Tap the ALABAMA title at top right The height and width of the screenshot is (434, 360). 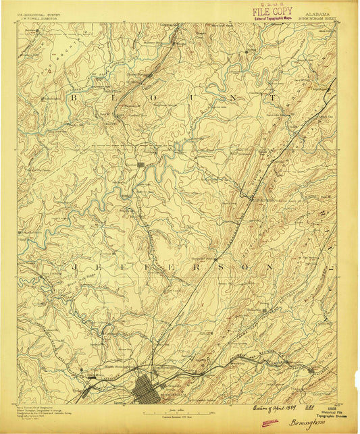point(318,13)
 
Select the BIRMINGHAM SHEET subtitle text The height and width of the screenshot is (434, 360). point(317,19)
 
